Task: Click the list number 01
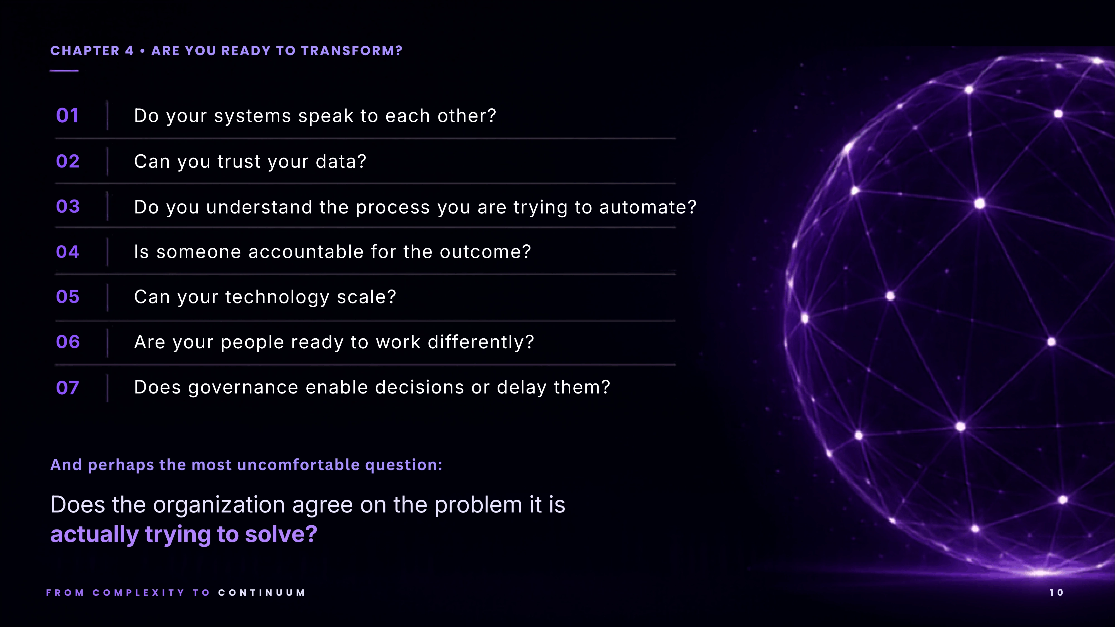pyautogui.click(x=67, y=116)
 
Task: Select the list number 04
pyautogui.click(x=67, y=252)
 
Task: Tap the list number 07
pyautogui.click(x=67, y=388)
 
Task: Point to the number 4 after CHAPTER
pyautogui.click(x=129, y=51)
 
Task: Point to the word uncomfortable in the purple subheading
pyautogui.click(x=298, y=465)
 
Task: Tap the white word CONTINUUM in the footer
pyautogui.click(x=262, y=593)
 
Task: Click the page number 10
pyautogui.click(x=1056, y=593)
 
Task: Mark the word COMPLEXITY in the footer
pyautogui.click(x=139, y=593)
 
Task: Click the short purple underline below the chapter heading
pyautogui.click(x=64, y=71)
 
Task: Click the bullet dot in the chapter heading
pyautogui.click(x=142, y=51)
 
